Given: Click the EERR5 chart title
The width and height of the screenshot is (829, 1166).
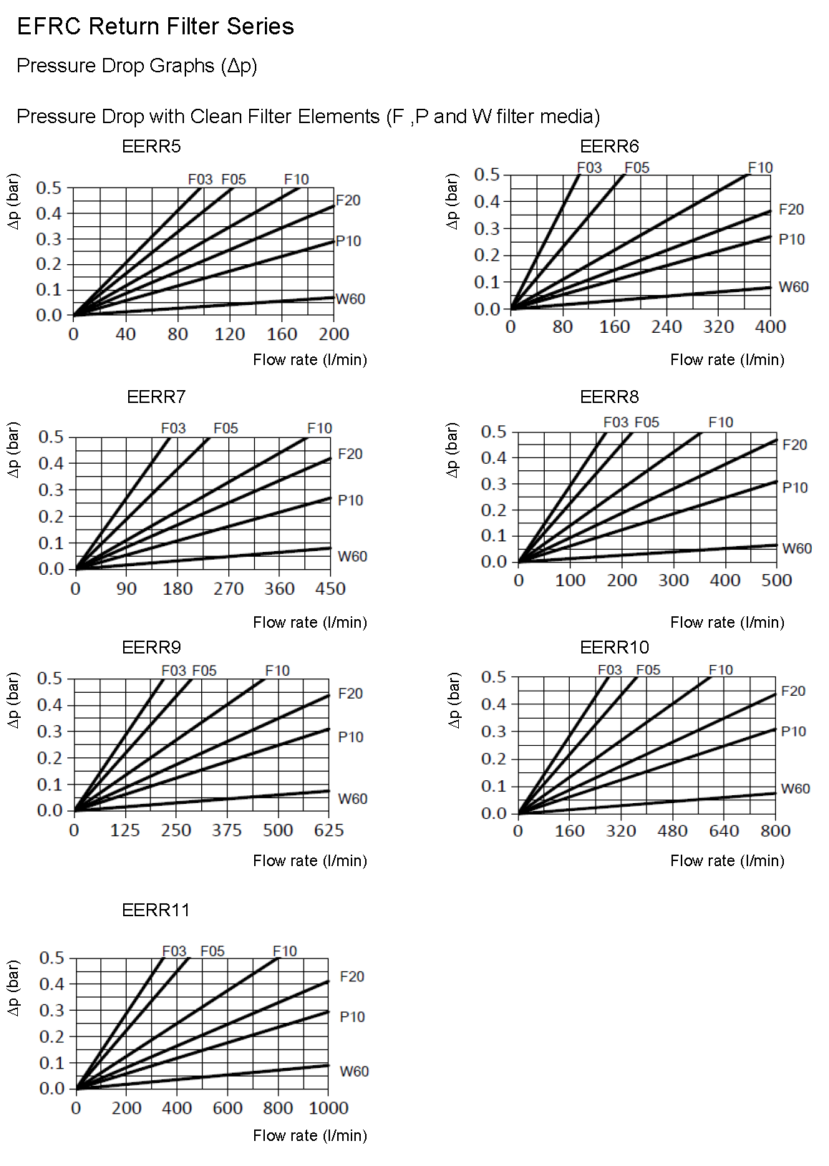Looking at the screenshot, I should [151, 147].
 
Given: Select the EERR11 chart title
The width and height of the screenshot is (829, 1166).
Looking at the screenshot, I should [155, 910].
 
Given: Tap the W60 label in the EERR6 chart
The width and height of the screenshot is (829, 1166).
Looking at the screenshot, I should [793, 287].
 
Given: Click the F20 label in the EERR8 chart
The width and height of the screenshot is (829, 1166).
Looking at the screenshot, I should [795, 445].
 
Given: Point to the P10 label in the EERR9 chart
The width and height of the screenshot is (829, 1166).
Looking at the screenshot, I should [350, 737].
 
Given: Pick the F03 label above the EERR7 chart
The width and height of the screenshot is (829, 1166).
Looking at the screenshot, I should [173, 428].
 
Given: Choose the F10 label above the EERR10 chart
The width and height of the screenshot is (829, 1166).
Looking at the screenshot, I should [721, 670].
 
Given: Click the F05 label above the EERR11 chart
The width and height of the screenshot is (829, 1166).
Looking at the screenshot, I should [213, 951].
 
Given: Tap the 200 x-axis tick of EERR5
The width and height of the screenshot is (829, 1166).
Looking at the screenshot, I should [334, 334].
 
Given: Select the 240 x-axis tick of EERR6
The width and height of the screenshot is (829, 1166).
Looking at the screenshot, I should [666, 327].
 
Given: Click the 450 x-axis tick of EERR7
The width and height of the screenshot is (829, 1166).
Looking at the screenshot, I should [330, 589].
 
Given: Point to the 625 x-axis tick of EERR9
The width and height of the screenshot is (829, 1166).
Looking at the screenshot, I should [329, 830].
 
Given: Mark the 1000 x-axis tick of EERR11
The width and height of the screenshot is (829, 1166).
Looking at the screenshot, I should [329, 1108].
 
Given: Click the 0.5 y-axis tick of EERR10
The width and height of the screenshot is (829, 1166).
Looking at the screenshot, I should [493, 677].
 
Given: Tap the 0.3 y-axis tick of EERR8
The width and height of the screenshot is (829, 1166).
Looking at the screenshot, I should [493, 484].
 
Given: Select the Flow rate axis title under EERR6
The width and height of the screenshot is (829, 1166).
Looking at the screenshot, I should [727, 360].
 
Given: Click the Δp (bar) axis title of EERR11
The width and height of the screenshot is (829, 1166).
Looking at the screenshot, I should [13, 988].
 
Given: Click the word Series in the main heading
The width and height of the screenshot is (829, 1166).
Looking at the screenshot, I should [261, 26].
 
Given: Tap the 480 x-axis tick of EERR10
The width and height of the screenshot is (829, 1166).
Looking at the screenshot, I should [672, 831].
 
